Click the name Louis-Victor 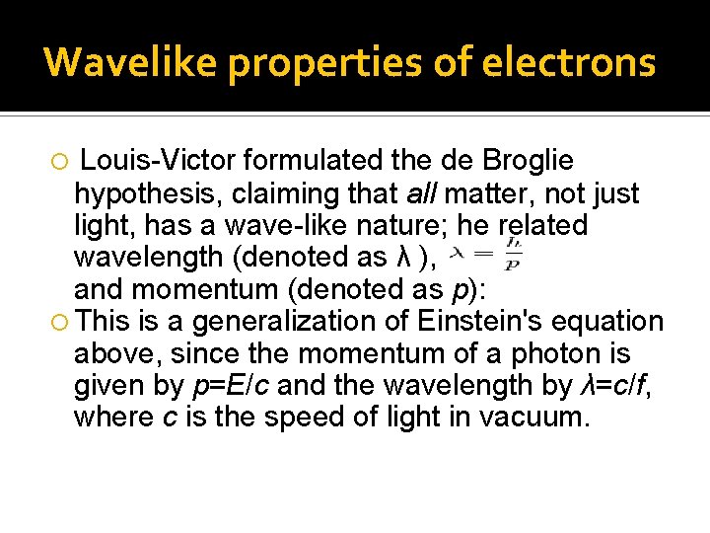[158, 160]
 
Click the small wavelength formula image [486, 254]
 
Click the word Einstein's [494, 322]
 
